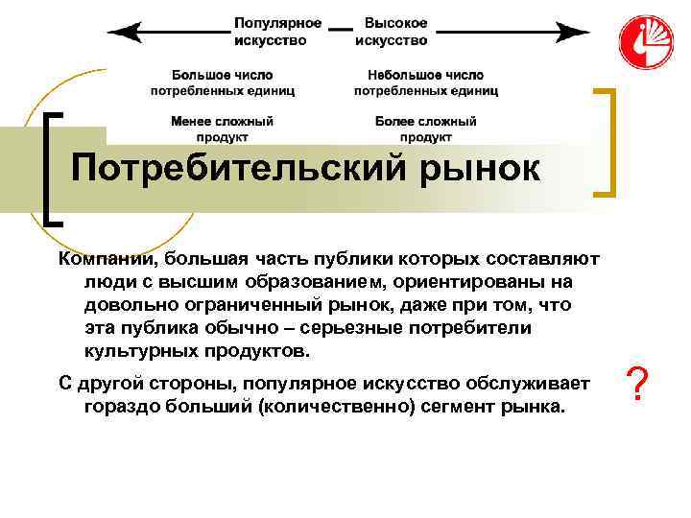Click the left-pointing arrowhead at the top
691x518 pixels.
coord(120,31)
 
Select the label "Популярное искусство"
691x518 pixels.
coord(277,31)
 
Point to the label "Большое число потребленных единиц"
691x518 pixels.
coord(222,82)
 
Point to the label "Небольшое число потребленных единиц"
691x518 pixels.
coord(425,82)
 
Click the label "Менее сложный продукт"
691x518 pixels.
coord(222,129)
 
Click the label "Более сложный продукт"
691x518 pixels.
coord(426,129)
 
